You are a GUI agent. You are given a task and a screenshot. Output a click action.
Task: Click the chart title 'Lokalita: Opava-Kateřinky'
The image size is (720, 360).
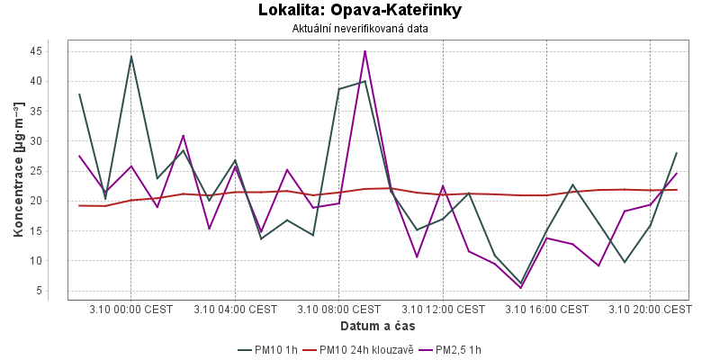click(x=359, y=11)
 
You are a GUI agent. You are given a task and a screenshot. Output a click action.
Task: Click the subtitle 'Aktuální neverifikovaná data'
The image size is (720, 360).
click(x=359, y=29)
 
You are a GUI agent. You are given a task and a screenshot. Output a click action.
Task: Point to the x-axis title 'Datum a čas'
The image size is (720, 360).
click(x=378, y=325)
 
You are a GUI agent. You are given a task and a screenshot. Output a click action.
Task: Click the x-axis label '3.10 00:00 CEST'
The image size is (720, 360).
click(x=131, y=309)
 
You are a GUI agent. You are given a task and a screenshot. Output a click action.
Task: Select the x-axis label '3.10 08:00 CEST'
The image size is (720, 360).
click(x=338, y=309)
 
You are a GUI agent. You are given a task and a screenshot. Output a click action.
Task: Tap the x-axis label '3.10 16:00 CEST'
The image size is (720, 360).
click(x=546, y=309)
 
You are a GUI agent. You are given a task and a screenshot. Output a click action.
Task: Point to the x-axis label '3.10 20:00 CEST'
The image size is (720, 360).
click(x=650, y=309)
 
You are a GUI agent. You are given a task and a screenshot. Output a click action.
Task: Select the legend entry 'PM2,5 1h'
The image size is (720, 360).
click(x=458, y=349)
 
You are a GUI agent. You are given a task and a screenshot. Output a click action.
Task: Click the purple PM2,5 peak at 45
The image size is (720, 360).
click(x=364, y=51)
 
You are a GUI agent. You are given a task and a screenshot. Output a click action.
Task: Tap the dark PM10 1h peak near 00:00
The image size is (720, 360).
click(x=131, y=57)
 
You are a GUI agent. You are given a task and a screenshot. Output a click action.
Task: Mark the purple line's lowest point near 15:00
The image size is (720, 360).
click(x=520, y=288)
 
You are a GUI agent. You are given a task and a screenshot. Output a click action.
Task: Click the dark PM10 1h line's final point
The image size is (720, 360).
click(x=676, y=153)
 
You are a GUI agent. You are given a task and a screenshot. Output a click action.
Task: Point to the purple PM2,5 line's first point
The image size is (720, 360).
click(x=79, y=156)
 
